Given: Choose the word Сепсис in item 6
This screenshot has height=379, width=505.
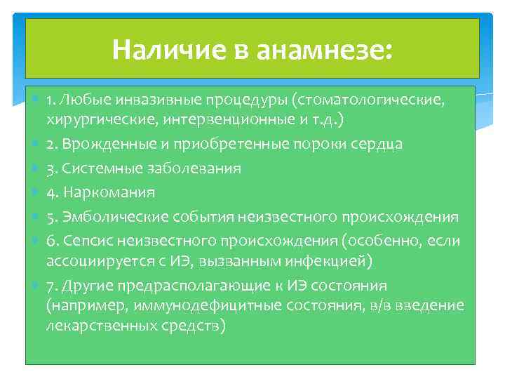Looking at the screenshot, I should click(86, 241).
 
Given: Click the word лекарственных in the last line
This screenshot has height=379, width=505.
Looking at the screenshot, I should click(95, 326).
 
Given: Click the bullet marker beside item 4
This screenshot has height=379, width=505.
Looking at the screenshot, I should click(36, 192).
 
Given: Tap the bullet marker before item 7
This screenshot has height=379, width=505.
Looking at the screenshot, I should click(36, 286).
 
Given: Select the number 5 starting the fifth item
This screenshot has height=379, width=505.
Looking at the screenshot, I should click(51, 217).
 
